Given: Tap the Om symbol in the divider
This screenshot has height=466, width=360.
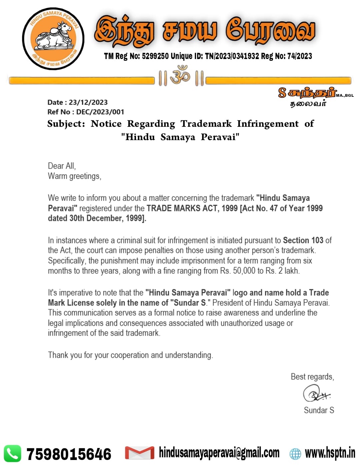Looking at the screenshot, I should pos(180,76).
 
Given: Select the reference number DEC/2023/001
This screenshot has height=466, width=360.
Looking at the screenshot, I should pos(100,112).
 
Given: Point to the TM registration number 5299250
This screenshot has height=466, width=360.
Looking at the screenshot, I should pos(155,56).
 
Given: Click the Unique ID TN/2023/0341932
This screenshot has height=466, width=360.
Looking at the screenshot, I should pos(232,56).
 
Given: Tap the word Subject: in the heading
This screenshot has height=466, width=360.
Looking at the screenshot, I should pos(66,124).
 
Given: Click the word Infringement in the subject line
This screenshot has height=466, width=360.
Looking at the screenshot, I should pos(268,124).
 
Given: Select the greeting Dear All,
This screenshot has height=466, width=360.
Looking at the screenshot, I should pos(62,166).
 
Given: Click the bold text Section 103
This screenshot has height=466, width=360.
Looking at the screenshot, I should pos(303,240).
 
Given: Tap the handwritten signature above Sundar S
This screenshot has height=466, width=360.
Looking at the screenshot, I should pos(316,394).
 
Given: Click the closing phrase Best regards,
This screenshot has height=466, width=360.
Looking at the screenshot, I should pos(312,377).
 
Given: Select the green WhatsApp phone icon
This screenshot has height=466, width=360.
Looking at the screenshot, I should pos(12,454).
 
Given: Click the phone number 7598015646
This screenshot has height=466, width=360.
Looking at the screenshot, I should pos(69,454).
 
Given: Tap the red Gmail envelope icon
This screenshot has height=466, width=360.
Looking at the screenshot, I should pos(139,453).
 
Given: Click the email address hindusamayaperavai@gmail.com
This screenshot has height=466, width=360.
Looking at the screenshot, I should pos(219,453).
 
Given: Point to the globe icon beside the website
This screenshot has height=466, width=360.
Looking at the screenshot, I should pos(295,454).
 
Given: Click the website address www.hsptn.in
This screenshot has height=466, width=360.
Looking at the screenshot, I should pos(330,453).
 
